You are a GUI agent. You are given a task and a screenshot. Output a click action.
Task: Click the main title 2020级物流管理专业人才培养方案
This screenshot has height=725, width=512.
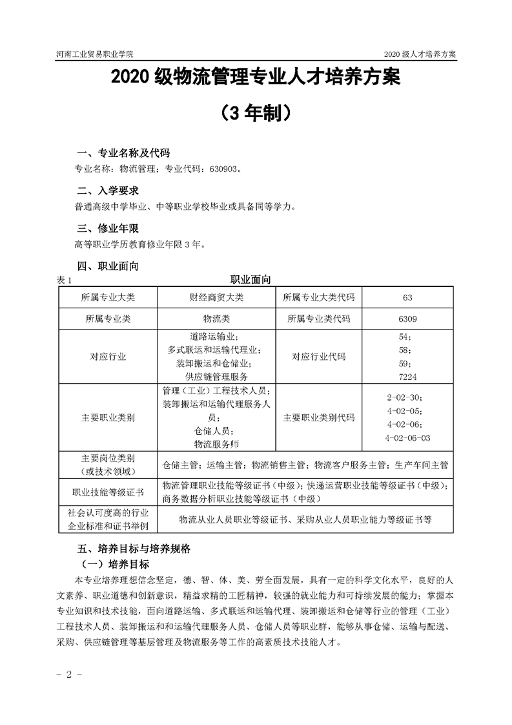click(256, 79)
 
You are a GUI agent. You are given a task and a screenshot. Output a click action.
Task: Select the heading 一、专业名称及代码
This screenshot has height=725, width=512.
click(123, 153)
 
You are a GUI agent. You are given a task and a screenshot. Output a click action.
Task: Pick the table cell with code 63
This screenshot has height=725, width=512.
click(406, 297)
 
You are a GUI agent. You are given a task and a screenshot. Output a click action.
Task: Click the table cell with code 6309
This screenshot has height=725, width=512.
click(406, 319)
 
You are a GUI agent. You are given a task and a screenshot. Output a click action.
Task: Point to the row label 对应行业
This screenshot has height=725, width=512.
click(108, 357)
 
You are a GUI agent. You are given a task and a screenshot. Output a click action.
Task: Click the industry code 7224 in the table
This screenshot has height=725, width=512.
click(407, 376)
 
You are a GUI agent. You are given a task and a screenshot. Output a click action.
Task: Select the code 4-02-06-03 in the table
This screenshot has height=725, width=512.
click(407, 437)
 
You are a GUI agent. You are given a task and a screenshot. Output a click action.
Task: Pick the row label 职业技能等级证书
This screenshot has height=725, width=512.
click(108, 492)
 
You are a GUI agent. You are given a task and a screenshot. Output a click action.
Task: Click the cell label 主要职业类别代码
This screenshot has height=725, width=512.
click(319, 417)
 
